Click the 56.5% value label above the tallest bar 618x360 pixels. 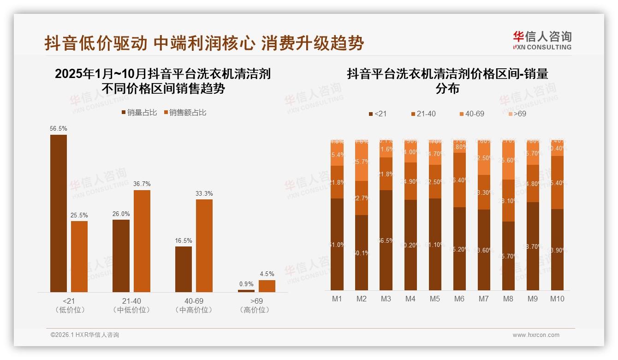[58, 129]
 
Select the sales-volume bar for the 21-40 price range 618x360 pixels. [121, 256]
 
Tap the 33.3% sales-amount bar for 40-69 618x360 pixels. [204, 246]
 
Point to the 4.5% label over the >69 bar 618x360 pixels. [267, 274]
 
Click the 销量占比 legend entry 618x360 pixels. [139, 113]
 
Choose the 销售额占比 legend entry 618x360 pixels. [184, 113]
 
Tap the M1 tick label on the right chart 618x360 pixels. [337, 299]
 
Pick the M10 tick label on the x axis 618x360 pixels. [557, 299]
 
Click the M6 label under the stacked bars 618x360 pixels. [459, 299]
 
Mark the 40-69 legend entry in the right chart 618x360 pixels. [471, 114]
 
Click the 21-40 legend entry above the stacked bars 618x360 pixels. [422, 114]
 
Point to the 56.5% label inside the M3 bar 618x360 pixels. [386, 241]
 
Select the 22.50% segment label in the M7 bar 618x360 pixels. [484, 158]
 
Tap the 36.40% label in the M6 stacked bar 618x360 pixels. [459, 180]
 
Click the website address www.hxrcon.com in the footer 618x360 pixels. [536, 335]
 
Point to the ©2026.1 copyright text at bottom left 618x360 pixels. [85, 335]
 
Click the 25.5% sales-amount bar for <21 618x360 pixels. [79, 257]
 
